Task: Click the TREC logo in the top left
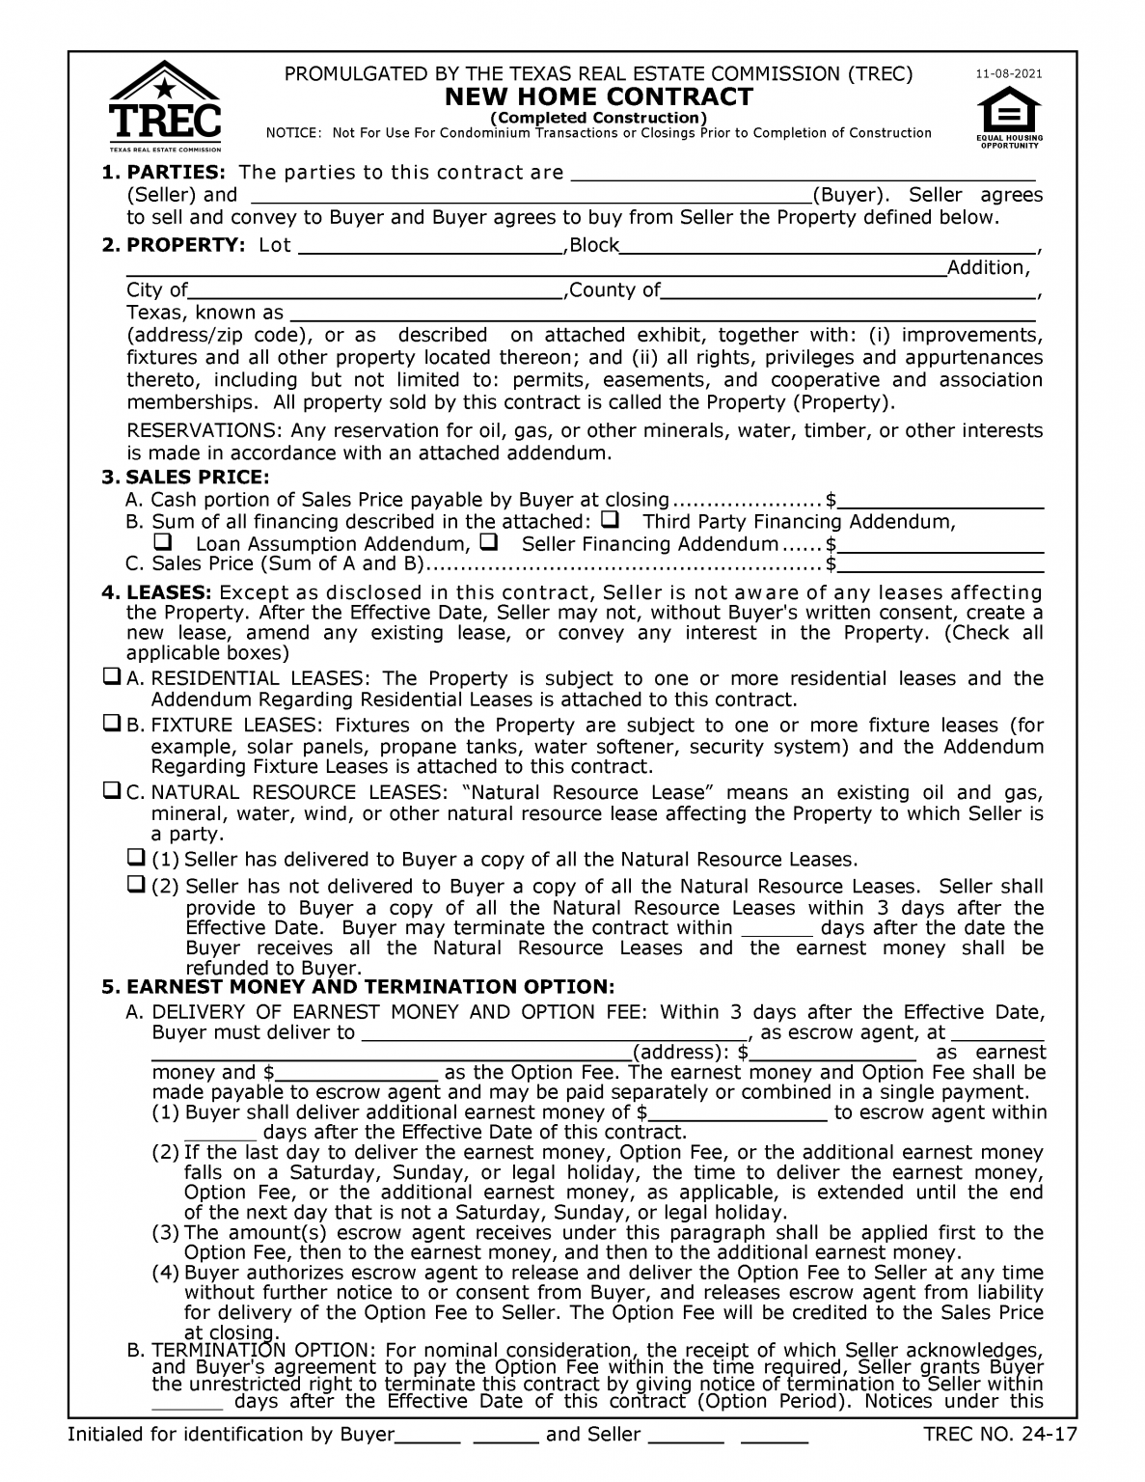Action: pyautogui.click(x=165, y=106)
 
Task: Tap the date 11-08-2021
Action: pyautogui.click(x=1009, y=74)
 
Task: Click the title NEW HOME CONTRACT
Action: pyautogui.click(x=598, y=96)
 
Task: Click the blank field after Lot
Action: pyautogui.click(x=430, y=246)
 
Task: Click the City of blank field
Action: pyautogui.click(x=375, y=290)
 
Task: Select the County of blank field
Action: pyautogui.click(x=848, y=290)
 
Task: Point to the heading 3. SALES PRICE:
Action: pyautogui.click(x=185, y=478)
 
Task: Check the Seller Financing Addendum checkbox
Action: pyautogui.click(x=487, y=542)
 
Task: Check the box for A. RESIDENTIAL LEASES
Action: pyautogui.click(x=112, y=677)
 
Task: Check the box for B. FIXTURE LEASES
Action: pyautogui.click(x=112, y=724)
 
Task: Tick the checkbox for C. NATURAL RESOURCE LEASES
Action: pyautogui.click(x=112, y=791)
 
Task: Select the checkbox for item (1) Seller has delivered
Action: pyautogui.click(x=137, y=858)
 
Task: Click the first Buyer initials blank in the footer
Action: pyautogui.click(x=427, y=1436)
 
